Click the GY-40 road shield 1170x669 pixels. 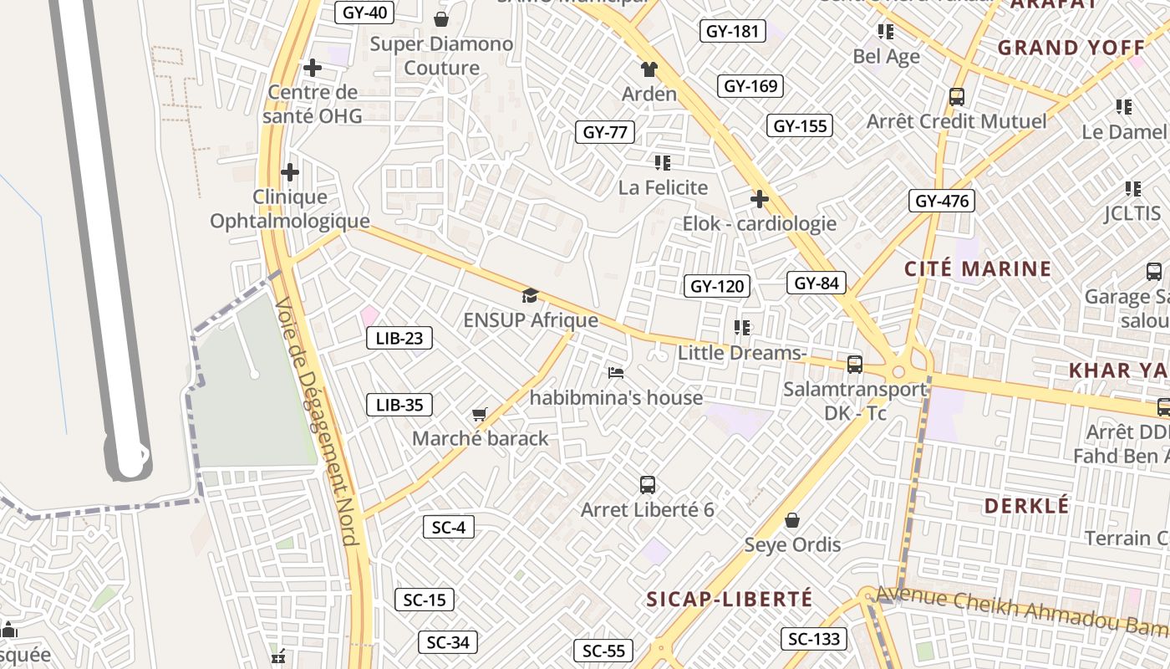364,13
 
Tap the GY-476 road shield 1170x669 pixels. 942,201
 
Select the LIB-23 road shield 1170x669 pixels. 399,338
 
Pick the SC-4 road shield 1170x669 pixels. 449,527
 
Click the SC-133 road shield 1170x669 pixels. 814,640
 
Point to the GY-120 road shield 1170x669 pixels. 718,286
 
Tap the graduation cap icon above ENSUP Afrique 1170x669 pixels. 530,295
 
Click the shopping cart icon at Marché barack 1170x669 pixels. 480,414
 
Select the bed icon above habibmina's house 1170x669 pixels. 616,372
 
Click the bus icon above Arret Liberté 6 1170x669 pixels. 647,485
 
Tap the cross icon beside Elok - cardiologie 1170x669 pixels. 759,200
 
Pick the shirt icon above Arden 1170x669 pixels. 649,69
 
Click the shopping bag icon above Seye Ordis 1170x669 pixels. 792,521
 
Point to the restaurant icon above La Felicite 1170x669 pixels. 663,163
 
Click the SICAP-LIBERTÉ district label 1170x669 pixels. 730,599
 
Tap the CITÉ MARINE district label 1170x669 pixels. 978,269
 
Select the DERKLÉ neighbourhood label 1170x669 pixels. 1026,506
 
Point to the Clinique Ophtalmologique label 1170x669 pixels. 289,209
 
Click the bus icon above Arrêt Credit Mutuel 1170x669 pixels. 957,97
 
